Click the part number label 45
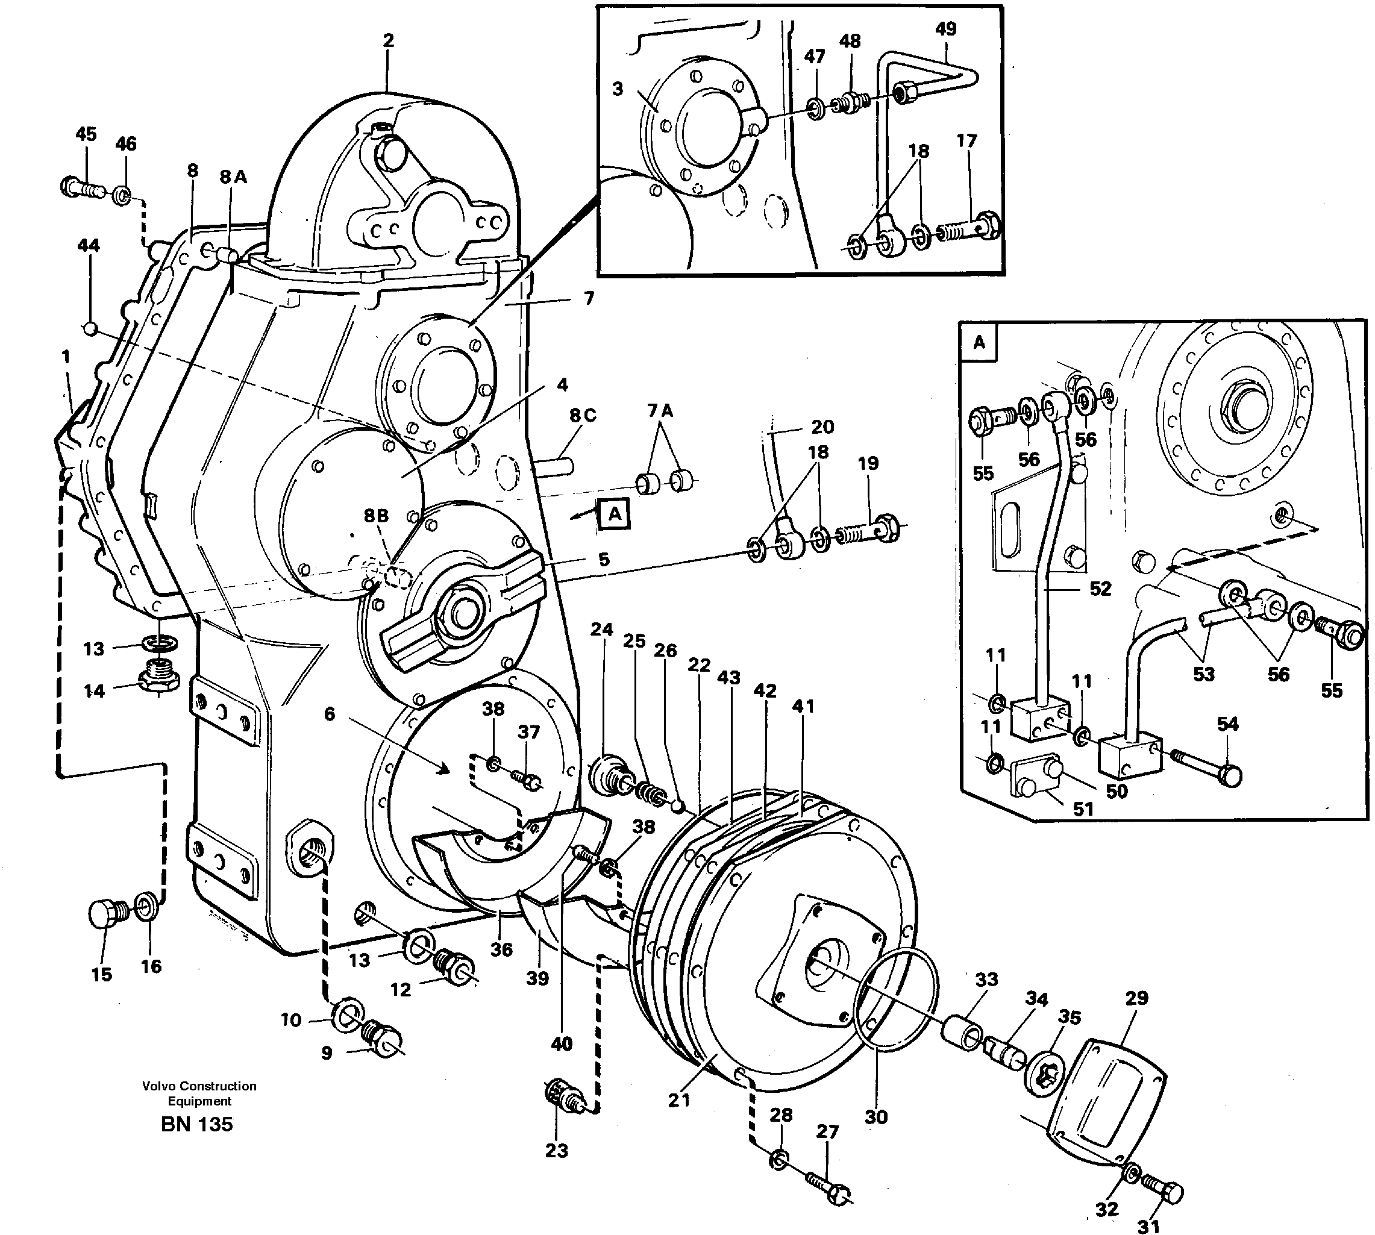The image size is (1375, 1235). click(86, 134)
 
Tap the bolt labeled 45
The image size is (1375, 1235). click(80, 187)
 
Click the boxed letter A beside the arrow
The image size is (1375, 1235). click(613, 514)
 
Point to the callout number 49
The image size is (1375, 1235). click(945, 28)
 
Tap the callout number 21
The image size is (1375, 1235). click(678, 1100)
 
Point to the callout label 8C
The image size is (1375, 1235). click(582, 414)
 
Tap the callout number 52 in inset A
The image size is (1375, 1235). click(1100, 589)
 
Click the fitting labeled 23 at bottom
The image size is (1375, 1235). click(562, 1096)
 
